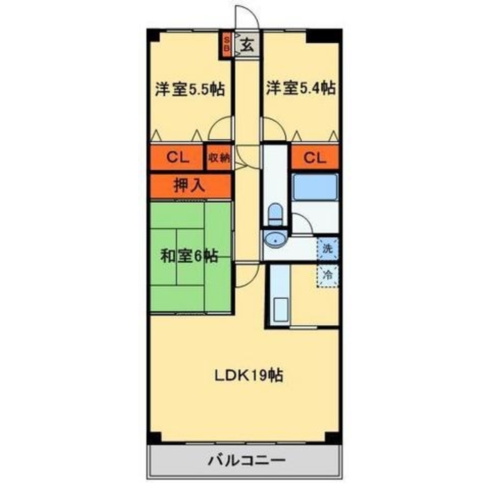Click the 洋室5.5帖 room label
(190, 89)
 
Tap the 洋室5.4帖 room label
(301, 88)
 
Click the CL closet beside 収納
(176, 158)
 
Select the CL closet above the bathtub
(314, 158)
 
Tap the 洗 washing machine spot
(328, 248)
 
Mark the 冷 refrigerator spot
(328, 275)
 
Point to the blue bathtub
(314, 187)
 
